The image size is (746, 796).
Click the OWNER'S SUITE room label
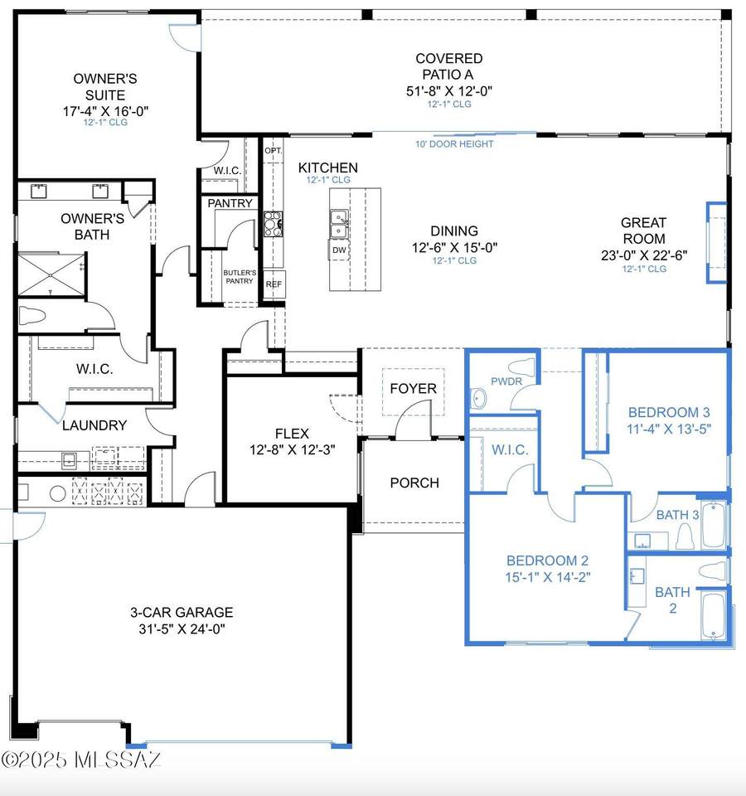click(105, 87)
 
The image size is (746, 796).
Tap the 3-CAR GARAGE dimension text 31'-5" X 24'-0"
click(182, 629)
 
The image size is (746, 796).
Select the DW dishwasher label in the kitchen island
click(339, 250)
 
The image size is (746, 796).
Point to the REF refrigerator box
click(274, 284)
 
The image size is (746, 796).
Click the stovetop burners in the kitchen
click(273, 224)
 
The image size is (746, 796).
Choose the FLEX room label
click(292, 434)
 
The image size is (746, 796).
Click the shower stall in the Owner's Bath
click(51, 274)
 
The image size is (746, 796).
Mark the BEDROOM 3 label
click(669, 412)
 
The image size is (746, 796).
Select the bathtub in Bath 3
click(714, 524)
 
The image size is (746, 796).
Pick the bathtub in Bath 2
click(713, 616)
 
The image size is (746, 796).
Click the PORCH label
click(414, 483)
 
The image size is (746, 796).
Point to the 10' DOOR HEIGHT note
click(454, 144)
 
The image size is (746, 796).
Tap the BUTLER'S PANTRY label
click(240, 277)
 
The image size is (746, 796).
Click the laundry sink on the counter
click(69, 460)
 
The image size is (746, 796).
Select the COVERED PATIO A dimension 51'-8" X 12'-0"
click(449, 91)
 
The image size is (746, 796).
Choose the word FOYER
click(413, 388)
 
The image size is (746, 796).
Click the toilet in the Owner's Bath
click(32, 316)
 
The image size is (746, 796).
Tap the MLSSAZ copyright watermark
click(81, 760)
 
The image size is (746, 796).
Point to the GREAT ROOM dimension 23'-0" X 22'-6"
click(644, 255)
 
